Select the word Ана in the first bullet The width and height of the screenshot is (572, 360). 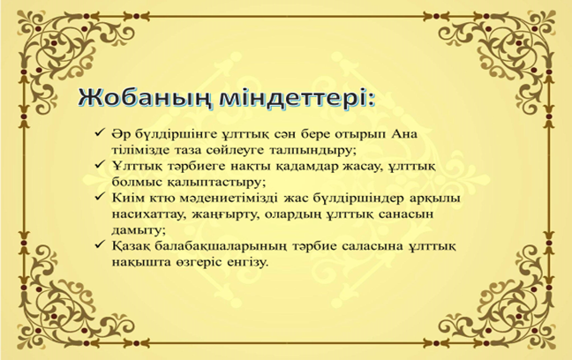coord(404,134)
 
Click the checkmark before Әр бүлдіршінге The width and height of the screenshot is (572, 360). coord(100,132)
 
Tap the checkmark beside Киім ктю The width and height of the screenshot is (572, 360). coord(100,197)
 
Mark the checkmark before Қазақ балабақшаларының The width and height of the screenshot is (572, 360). coord(100,244)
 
